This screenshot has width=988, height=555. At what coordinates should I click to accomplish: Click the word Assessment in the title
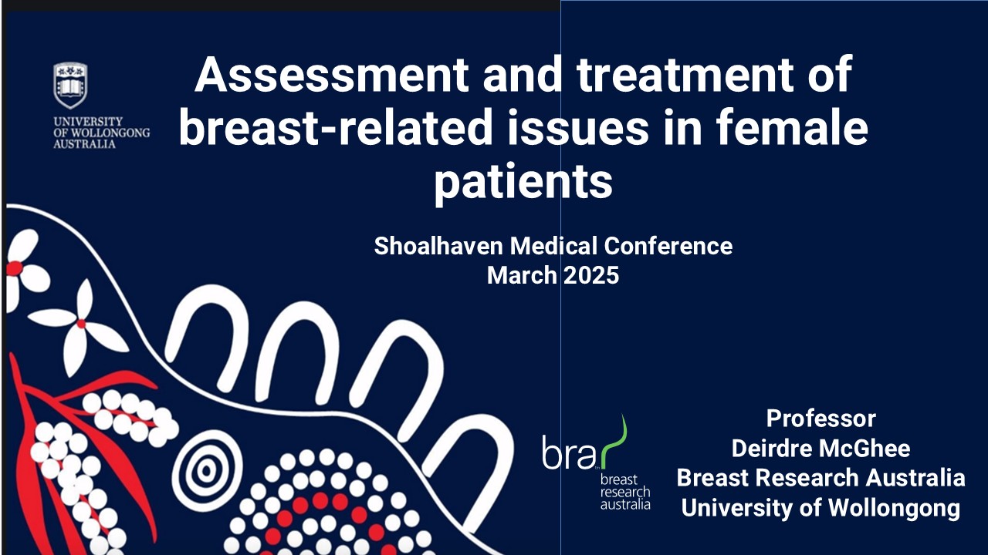coord(332,74)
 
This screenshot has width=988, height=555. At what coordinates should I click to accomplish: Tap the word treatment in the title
coord(685,74)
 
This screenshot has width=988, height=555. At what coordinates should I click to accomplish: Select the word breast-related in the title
coord(336,127)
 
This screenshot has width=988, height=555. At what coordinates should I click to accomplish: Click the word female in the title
coord(792,127)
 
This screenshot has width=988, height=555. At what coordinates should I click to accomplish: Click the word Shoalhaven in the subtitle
coord(438,245)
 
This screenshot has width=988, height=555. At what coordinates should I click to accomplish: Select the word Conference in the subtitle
coord(668,245)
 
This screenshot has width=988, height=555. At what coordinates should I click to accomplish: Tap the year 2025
coord(591,275)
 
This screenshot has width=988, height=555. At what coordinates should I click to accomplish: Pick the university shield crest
coord(70,85)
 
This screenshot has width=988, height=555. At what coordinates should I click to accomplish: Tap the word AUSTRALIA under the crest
coord(84,144)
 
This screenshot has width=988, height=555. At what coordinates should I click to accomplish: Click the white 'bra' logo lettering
coord(569,452)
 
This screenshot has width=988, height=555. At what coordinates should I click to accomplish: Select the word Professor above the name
coord(821,419)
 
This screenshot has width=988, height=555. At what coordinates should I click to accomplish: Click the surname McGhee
coord(864,449)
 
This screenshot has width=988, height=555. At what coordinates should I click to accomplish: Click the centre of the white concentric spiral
coord(206,470)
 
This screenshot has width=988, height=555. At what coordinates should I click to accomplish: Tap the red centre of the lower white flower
coord(81,325)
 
